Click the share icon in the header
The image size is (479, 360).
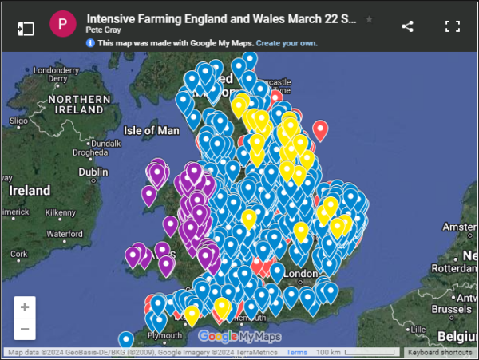pos(407,26)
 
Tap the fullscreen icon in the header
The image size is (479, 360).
pos(453,26)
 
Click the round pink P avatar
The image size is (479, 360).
pos(63,26)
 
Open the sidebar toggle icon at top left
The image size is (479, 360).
pos(26,27)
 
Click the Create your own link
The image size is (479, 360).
pos(287,42)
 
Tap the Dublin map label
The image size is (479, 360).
pos(93,172)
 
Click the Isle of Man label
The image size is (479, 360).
pos(152,129)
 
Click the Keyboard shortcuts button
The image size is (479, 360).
pos(440,352)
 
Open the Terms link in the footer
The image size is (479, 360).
pos(297,352)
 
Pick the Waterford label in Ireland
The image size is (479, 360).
pos(64,234)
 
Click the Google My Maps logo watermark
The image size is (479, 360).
pos(239,336)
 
